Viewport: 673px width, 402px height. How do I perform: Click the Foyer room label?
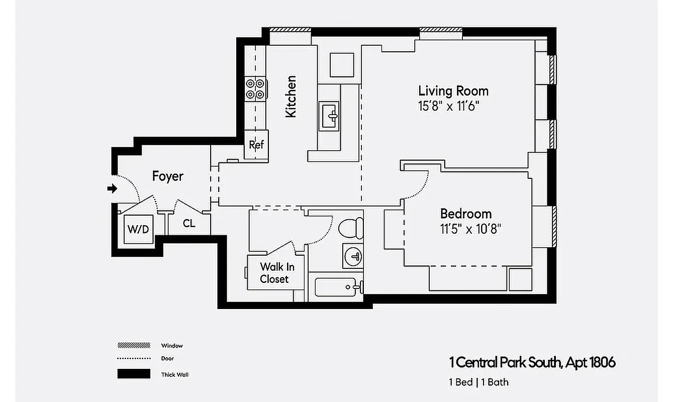[x=168, y=176]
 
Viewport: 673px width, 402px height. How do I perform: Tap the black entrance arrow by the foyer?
[x=113, y=188]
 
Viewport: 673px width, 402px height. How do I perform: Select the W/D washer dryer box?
[x=138, y=230]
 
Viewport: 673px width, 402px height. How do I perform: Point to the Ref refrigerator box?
[x=256, y=145]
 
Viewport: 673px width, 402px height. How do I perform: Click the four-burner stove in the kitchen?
[x=255, y=89]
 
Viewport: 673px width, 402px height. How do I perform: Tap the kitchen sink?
[x=329, y=116]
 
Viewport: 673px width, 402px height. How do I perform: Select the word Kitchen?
[x=291, y=96]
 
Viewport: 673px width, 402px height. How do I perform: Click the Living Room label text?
[x=453, y=91]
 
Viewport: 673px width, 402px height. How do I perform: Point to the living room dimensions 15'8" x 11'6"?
[x=449, y=106]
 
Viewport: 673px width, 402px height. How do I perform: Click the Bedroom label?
[x=466, y=213]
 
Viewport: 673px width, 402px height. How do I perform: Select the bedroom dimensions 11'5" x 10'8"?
[x=471, y=229]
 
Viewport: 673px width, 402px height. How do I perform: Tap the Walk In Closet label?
[x=274, y=272]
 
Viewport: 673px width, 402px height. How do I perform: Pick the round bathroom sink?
[x=353, y=257]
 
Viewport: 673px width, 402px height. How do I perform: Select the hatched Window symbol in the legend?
[x=134, y=346]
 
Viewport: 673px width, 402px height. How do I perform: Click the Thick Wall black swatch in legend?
[x=134, y=374]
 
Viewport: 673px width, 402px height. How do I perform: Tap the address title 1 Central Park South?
[x=532, y=362]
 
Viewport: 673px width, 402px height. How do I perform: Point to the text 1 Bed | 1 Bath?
[x=478, y=382]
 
